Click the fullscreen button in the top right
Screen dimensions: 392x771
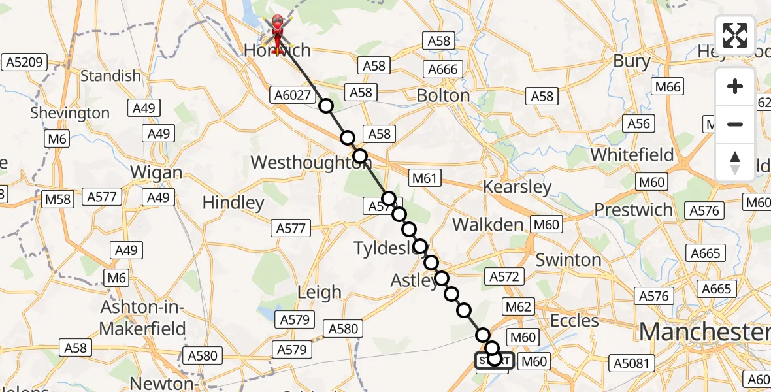pyautogui.click(x=735, y=35)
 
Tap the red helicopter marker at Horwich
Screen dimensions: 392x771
pyautogui.click(x=278, y=29)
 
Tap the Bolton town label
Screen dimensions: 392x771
pyautogui.click(x=444, y=95)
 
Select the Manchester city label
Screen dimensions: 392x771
pyautogui.click(x=704, y=332)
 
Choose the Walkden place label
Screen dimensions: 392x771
pyautogui.click(x=488, y=225)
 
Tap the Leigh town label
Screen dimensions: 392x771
pyautogui.click(x=319, y=292)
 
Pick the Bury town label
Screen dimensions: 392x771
pyautogui.click(x=632, y=61)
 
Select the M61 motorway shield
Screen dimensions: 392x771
pyautogui.click(x=425, y=177)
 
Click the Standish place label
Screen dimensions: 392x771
pyautogui.click(x=110, y=76)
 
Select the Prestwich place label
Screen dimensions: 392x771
pyautogui.click(x=633, y=210)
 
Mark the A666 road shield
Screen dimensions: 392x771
pyautogui.click(x=443, y=69)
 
